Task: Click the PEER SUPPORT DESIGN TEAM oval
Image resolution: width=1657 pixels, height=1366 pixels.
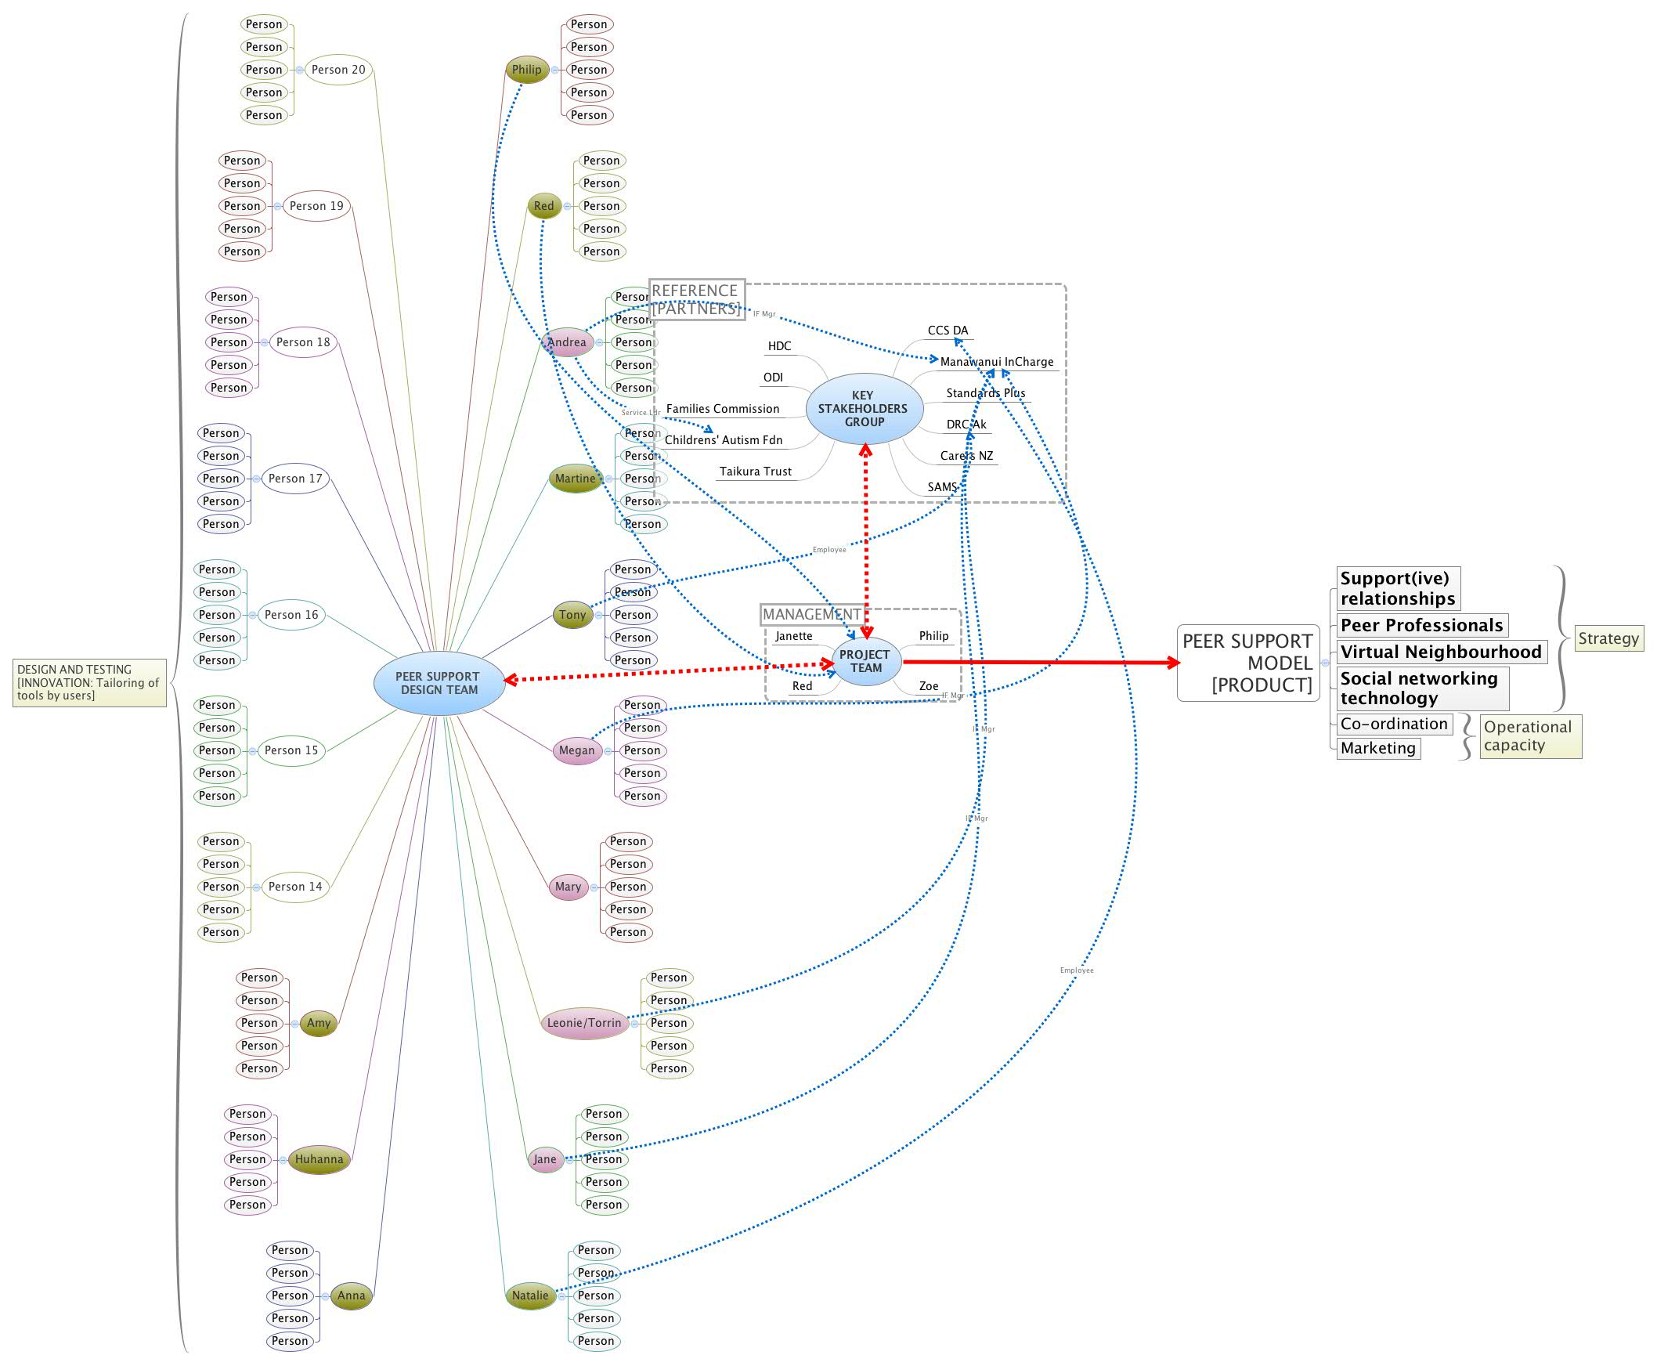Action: point(439,683)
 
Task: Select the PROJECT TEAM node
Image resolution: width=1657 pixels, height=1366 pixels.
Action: point(865,661)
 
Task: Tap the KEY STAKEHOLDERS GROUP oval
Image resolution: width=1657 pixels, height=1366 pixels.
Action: point(863,408)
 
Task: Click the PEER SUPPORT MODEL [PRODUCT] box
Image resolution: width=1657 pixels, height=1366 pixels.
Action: point(1247,663)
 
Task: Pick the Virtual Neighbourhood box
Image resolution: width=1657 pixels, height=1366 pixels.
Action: point(1440,652)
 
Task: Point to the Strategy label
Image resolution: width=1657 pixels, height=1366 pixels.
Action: point(1608,638)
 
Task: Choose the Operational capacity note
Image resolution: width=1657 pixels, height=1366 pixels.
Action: point(1529,735)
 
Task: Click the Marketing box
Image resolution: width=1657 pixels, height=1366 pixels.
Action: point(1377,748)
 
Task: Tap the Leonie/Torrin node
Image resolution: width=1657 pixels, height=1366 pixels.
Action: point(584,1023)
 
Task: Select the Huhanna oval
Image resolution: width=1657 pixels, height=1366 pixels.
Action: point(319,1159)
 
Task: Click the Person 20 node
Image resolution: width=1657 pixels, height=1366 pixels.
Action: point(338,69)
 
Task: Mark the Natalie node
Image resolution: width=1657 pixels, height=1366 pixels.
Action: point(529,1296)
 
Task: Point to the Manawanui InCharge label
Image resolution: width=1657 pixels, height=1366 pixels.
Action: point(996,362)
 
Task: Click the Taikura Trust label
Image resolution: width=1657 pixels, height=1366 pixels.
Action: point(755,472)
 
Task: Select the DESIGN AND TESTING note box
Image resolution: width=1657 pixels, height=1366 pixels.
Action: point(89,682)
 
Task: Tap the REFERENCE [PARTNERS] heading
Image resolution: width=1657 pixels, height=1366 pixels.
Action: point(695,300)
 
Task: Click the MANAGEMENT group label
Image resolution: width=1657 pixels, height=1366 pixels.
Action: point(810,614)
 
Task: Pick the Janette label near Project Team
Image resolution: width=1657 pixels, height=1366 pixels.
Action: point(793,636)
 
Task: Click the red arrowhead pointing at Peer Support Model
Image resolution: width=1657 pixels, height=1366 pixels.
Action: point(1173,663)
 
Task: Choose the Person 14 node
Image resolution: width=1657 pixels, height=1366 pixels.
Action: point(295,886)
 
